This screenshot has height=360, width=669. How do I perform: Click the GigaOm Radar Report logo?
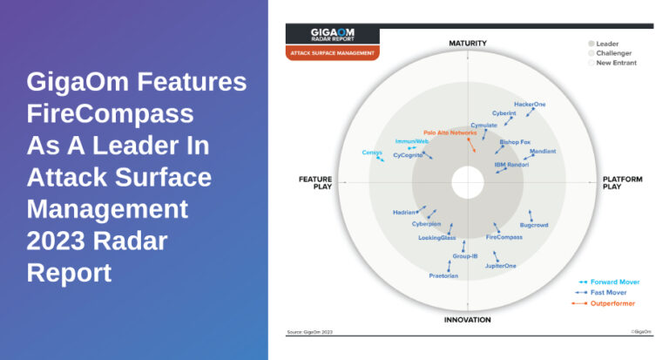click(333, 35)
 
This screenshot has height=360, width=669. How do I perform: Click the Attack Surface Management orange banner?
click(333, 53)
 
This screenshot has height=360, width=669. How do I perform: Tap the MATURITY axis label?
click(468, 43)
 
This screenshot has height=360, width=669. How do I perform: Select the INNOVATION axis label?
click(468, 319)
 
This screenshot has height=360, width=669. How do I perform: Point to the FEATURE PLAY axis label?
click(314, 182)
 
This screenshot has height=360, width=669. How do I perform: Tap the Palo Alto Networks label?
click(449, 132)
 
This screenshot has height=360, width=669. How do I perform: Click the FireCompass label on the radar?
click(503, 237)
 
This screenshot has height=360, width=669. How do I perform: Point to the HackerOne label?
click(530, 105)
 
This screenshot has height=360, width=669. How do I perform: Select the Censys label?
click(372, 153)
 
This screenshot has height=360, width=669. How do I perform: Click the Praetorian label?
click(443, 275)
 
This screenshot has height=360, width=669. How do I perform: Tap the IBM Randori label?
click(512, 164)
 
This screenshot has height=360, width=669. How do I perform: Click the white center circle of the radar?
click(468, 181)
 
